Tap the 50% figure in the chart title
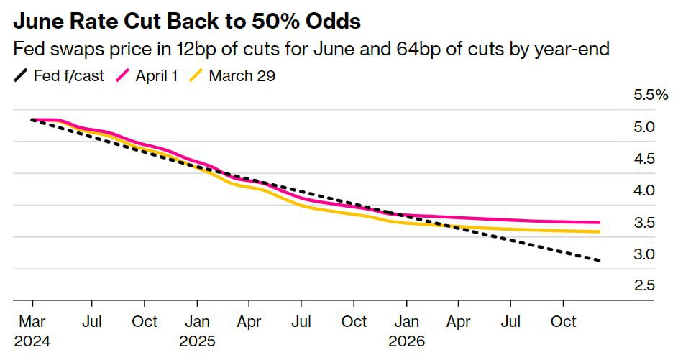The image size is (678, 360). coord(268,22)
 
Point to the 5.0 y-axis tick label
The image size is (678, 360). coord(644,127)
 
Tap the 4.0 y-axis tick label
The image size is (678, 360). coord(644,190)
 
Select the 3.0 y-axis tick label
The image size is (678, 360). coord(644,254)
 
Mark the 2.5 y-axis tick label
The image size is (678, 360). coord(644,285)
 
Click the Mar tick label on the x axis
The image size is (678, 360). coord(31,321)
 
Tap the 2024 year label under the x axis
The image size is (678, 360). coord(31,340)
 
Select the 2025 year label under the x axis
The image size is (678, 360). coord(198,340)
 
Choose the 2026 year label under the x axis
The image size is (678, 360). coord(407,340)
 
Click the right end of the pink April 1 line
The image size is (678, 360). coord(599,223)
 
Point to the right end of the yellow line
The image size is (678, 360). coord(599,231)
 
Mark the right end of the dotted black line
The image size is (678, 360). coord(599,260)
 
